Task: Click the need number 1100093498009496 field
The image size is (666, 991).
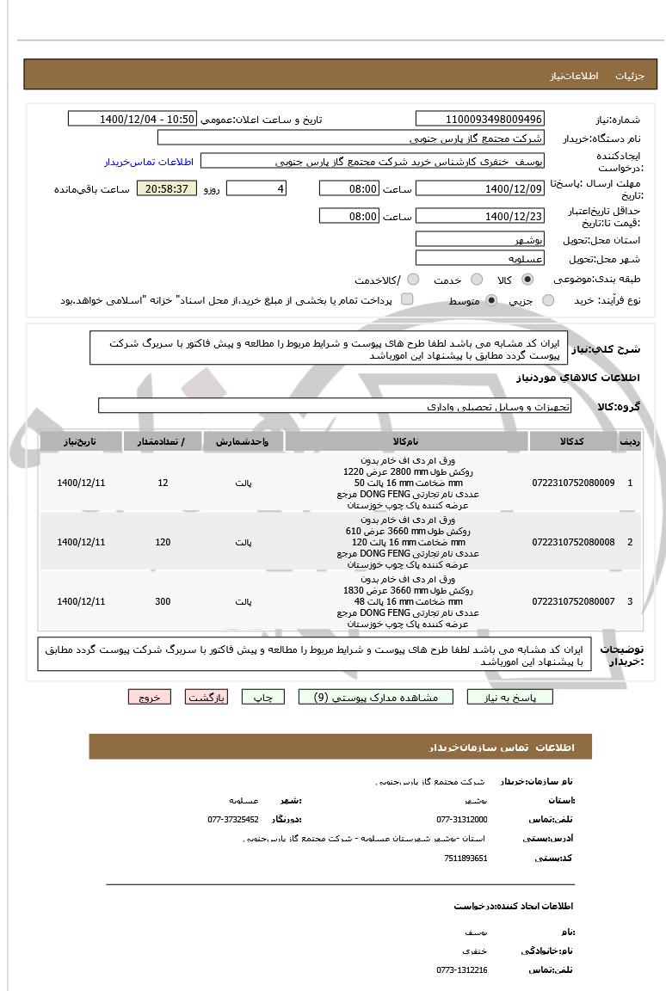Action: pos(479,119)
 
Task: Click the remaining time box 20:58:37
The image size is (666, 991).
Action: pos(167,188)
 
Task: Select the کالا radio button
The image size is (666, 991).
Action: pos(527,280)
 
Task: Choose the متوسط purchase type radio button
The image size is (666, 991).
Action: pos(491,300)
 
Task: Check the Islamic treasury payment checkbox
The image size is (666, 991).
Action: pos(407,299)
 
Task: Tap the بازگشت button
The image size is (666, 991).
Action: pos(207,698)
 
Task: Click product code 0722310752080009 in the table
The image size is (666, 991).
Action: pos(573,483)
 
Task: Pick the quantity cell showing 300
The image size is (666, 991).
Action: pos(163,601)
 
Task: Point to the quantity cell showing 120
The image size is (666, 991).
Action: pos(163,542)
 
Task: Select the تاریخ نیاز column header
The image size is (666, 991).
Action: pos(81,441)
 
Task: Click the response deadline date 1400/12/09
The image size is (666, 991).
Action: pos(479,188)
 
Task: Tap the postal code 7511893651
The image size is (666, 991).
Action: pos(466,858)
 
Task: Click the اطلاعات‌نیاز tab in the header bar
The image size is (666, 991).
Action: pos(570,76)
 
